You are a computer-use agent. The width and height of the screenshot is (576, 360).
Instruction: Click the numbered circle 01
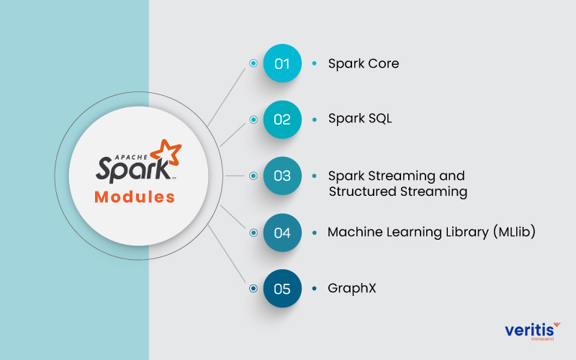(282, 63)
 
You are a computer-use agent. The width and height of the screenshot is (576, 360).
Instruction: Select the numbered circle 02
(282, 119)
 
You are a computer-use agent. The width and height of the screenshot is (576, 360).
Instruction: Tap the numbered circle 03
(282, 176)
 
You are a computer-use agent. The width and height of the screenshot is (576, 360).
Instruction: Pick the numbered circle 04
(282, 233)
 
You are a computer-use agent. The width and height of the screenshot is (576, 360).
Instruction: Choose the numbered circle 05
(282, 289)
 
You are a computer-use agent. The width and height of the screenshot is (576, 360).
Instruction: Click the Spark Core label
(363, 63)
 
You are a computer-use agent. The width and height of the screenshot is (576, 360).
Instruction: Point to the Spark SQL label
(360, 119)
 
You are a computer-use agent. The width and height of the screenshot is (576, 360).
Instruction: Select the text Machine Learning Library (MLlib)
(431, 232)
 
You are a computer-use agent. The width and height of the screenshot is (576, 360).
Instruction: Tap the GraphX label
(352, 289)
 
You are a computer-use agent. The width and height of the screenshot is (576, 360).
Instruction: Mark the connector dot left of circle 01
(253, 63)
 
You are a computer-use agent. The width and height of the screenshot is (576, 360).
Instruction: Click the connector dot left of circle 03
(253, 176)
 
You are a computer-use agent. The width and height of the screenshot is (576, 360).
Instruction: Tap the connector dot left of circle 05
(253, 289)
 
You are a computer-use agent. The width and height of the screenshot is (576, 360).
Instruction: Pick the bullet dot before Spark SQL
(314, 120)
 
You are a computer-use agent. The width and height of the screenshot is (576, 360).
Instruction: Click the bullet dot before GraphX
(314, 289)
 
